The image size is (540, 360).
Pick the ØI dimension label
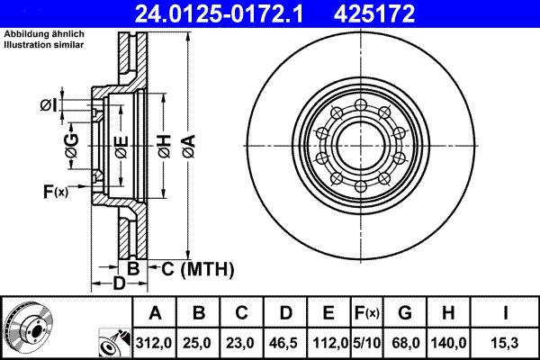tap(48, 107)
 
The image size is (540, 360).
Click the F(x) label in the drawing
tap(55, 191)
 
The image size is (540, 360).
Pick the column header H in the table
tap(448, 312)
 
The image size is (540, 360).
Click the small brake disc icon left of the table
tap(26, 327)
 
